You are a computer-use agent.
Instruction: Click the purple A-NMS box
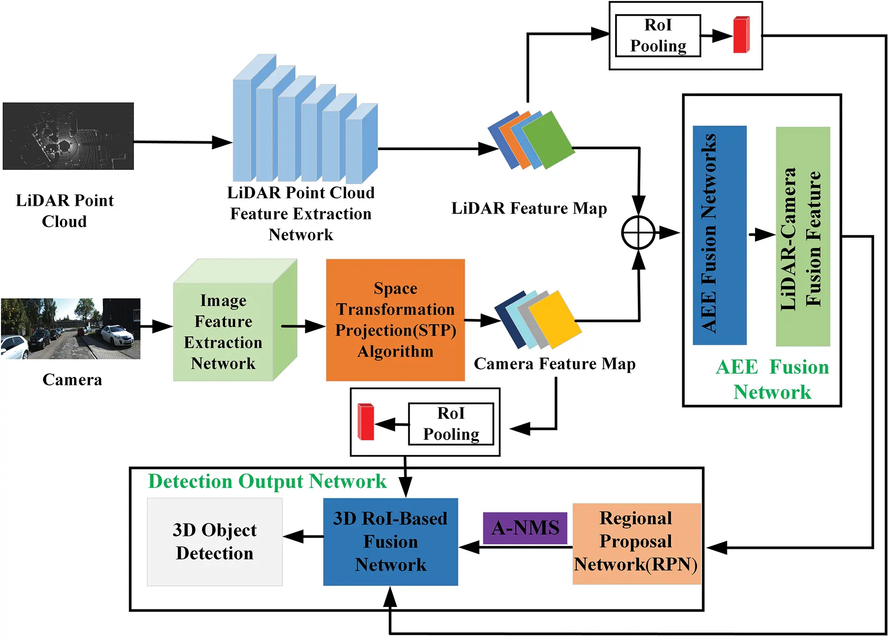pyautogui.click(x=525, y=528)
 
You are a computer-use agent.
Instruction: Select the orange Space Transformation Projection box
pyautogui.click(x=395, y=320)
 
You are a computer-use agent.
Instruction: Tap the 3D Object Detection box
pyautogui.click(x=215, y=541)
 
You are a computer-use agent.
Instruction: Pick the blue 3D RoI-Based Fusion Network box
pyautogui.click(x=391, y=541)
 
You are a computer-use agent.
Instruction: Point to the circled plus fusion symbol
pyautogui.click(x=638, y=232)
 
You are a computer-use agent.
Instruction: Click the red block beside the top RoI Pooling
pyautogui.click(x=741, y=35)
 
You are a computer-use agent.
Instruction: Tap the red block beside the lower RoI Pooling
pyautogui.click(x=366, y=422)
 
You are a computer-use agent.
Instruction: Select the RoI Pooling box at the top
pyautogui.click(x=658, y=35)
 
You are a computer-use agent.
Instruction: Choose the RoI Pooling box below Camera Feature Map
pyautogui.click(x=451, y=424)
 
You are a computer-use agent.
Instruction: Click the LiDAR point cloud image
pyautogui.click(x=68, y=136)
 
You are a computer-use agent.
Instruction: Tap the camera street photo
pyautogui.click(x=70, y=328)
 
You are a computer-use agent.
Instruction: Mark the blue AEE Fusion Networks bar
pyautogui.click(x=720, y=235)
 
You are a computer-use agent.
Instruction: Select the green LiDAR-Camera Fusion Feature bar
pyautogui.click(x=803, y=236)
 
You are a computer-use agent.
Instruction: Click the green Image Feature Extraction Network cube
pyautogui.click(x=224, y=331)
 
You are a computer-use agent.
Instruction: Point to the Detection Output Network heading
pyautogui.click(x=267, y=481)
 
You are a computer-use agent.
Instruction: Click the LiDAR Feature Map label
pyautogui.click(x=529, y=208)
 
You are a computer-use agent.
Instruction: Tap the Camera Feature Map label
pyautogui.click(x=555, y=364)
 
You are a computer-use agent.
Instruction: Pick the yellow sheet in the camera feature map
pyautogui.click(x=554, y=319)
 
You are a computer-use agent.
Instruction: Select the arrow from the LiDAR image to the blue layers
pyautogui.click(x=182, y=142)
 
